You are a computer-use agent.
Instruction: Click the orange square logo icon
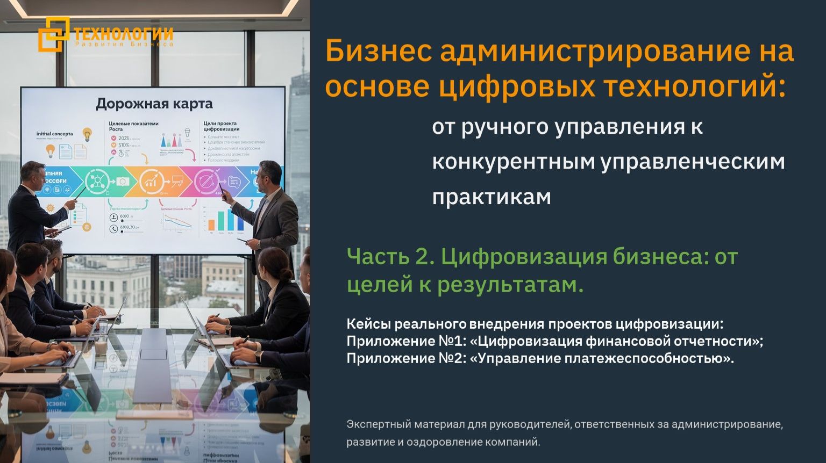tap(54, 34)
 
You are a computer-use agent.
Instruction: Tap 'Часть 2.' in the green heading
tap(390, 257)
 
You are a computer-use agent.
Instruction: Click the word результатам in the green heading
tap(510, 284)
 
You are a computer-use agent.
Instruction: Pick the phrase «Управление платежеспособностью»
tap(602, 358)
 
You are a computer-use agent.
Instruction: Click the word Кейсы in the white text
tap(368, 324)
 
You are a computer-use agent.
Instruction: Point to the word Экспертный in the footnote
tap(378, 424)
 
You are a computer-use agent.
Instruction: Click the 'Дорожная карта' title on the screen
tap(154, 104)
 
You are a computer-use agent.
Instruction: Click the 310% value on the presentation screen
tap(124, 145)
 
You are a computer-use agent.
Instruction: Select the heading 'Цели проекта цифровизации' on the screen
tap(222, 126)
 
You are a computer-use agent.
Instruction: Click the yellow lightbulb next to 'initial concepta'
tap(87, 134)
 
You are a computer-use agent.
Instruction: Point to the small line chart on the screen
tap(177, 221)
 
